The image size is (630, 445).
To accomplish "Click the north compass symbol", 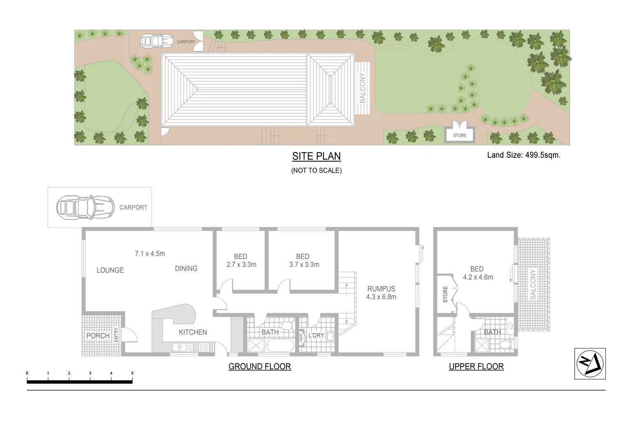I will pyautogui.click(x=590, y=363).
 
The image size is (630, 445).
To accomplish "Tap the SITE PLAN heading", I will pyautogui.click(x=316, y=157).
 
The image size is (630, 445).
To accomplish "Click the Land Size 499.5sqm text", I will pyautogui.click(x=524, y=155).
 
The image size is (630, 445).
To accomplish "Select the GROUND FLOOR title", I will pyautogui.click(x=260, y=366).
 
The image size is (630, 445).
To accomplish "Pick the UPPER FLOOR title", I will pyautogui.click(x=476, y=366).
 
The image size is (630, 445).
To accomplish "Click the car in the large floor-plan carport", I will pyautogui.click(x=85, y=207).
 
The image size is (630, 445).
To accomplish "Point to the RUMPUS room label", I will pyautogui.click(x=381, y=289).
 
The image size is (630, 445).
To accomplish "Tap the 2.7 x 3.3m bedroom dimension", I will pyautogui.click(x=241, y=265).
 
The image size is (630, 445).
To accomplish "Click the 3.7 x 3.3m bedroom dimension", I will pyautogui.click(x=304, y=265).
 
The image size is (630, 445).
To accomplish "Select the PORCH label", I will pyautogui.click(x=98, y=336).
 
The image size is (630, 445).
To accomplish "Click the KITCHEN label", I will pyautogui.click(x=193, y=332).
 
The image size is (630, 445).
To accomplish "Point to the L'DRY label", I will pyautogui.click(x=316, y=335).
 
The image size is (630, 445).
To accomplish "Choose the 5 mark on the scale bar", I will pyautogui.click(x=132, y=373).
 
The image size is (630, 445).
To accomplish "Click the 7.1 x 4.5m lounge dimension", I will pyautogui.click(x=150, y=254).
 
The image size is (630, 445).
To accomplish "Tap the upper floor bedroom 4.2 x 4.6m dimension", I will pyautogui.click(x=478, y=277).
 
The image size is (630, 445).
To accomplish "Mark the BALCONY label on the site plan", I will pyautogui.click(x=362, y=88).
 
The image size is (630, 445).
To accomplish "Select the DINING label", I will pyautogui.click(x=186, y=269).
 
